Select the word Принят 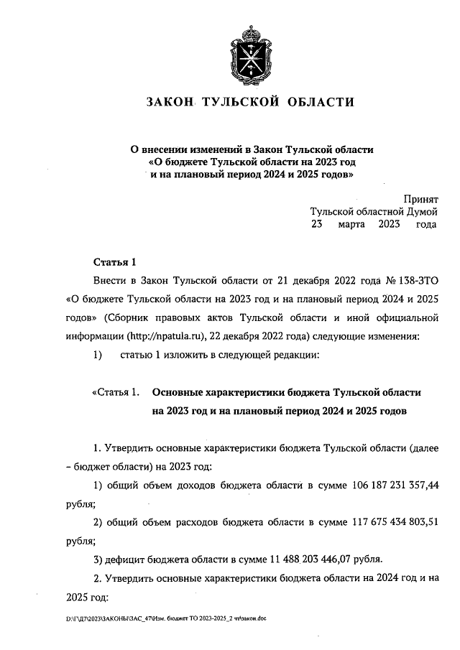pos(420,199)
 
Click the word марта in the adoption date pos(352,224)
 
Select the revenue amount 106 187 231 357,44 pos(389,486)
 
